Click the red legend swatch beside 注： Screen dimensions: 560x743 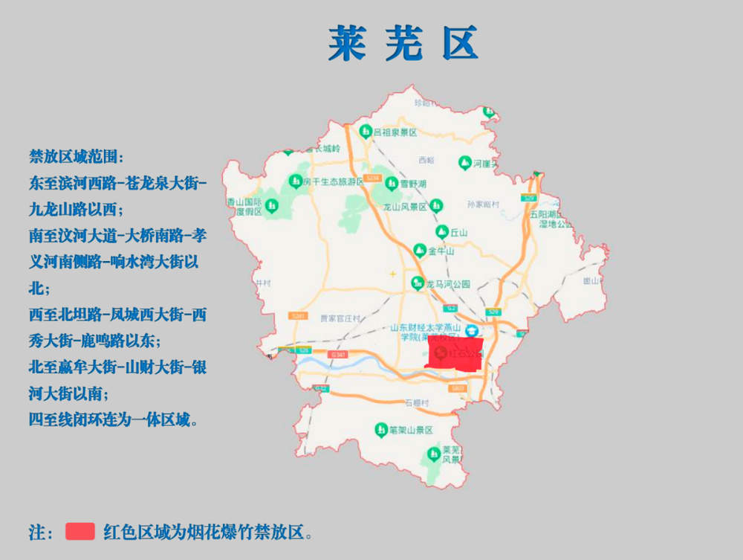pos(80,531)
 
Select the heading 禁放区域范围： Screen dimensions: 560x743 pos(77,157)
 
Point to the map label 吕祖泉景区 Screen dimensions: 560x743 pos(395,132)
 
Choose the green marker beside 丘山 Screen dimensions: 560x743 pos(441,231)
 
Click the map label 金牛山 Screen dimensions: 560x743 pos(441,251)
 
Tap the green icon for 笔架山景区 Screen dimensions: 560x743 pos(380,429)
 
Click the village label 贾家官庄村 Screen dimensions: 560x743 pos(340,318)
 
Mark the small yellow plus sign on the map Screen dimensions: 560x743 pos(392,274)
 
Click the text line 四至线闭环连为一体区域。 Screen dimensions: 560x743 pos(114,419)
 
